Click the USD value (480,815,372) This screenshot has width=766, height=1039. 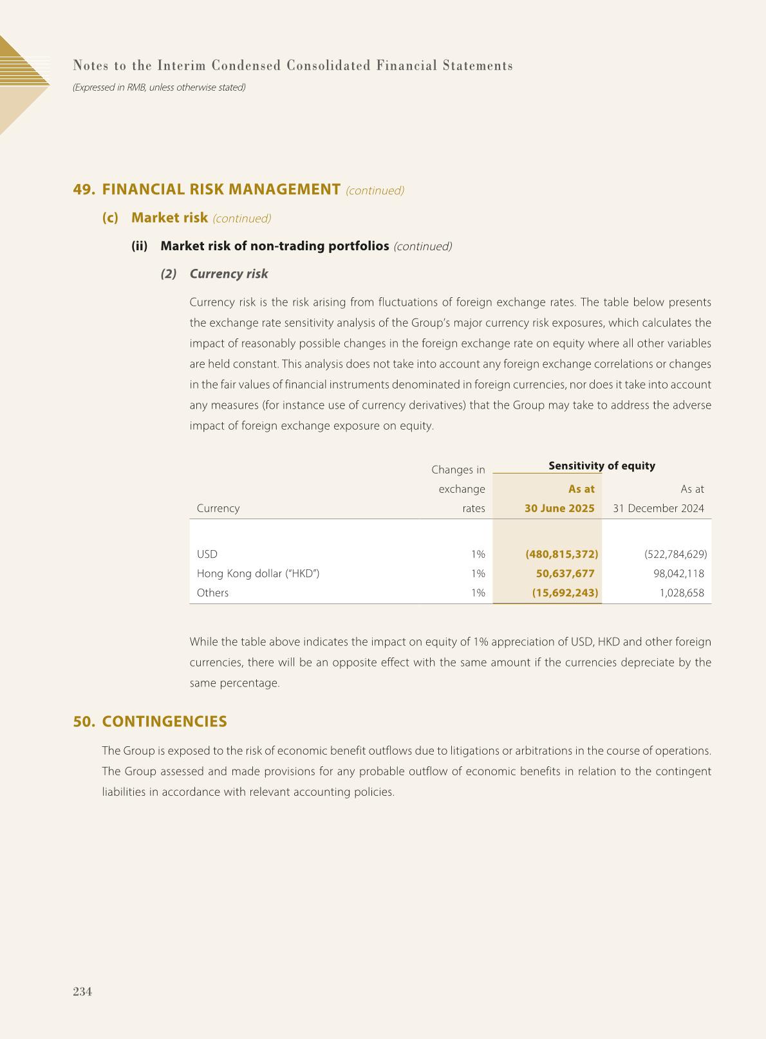(x=562, y=554)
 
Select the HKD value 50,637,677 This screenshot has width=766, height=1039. (x=565, y=573)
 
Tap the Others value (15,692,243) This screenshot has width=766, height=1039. (x=565, y=593)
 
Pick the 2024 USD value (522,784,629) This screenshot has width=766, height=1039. (x=675, y=554)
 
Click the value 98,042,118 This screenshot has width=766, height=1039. (x=678, y=573)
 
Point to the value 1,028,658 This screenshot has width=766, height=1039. (x=682, y=593)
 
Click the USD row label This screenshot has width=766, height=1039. (x=207, y=554)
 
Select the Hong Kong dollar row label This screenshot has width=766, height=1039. (x=258, y=573)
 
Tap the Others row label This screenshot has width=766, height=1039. (x=212, y=593)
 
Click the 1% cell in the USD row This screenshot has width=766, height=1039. (x=478, y=554)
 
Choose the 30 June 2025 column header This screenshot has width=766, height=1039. (x=559, y=508)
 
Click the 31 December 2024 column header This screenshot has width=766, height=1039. (x=658, y=508)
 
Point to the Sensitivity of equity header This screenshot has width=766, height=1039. (x=602, y=466)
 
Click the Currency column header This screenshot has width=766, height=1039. (x=218, y=508)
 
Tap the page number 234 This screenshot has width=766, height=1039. (x=82, y=991)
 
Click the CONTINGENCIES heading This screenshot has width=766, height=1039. (x=164, y=721)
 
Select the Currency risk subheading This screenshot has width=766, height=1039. (x=229, y=273)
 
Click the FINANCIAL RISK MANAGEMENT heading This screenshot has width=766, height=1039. (x=221, y=189)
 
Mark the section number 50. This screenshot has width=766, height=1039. (x=84, y=721)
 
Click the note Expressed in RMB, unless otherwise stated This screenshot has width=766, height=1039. (x=159, y=87)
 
